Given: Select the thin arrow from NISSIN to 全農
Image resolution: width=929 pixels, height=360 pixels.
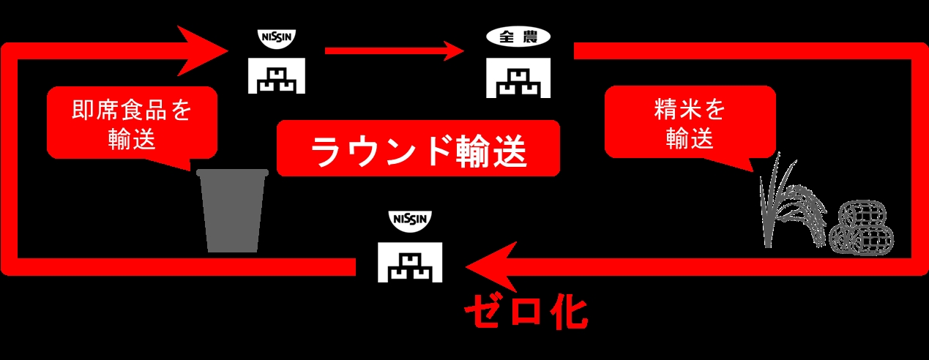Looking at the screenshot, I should point(395,51).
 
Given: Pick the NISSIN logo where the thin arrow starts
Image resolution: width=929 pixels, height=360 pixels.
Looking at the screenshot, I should point(280,37).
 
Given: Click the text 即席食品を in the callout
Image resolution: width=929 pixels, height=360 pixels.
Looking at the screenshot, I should point(132,111).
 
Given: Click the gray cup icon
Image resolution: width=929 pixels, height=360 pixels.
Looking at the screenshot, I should point(232,212).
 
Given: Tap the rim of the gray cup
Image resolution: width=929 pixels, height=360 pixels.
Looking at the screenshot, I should point(232,173).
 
